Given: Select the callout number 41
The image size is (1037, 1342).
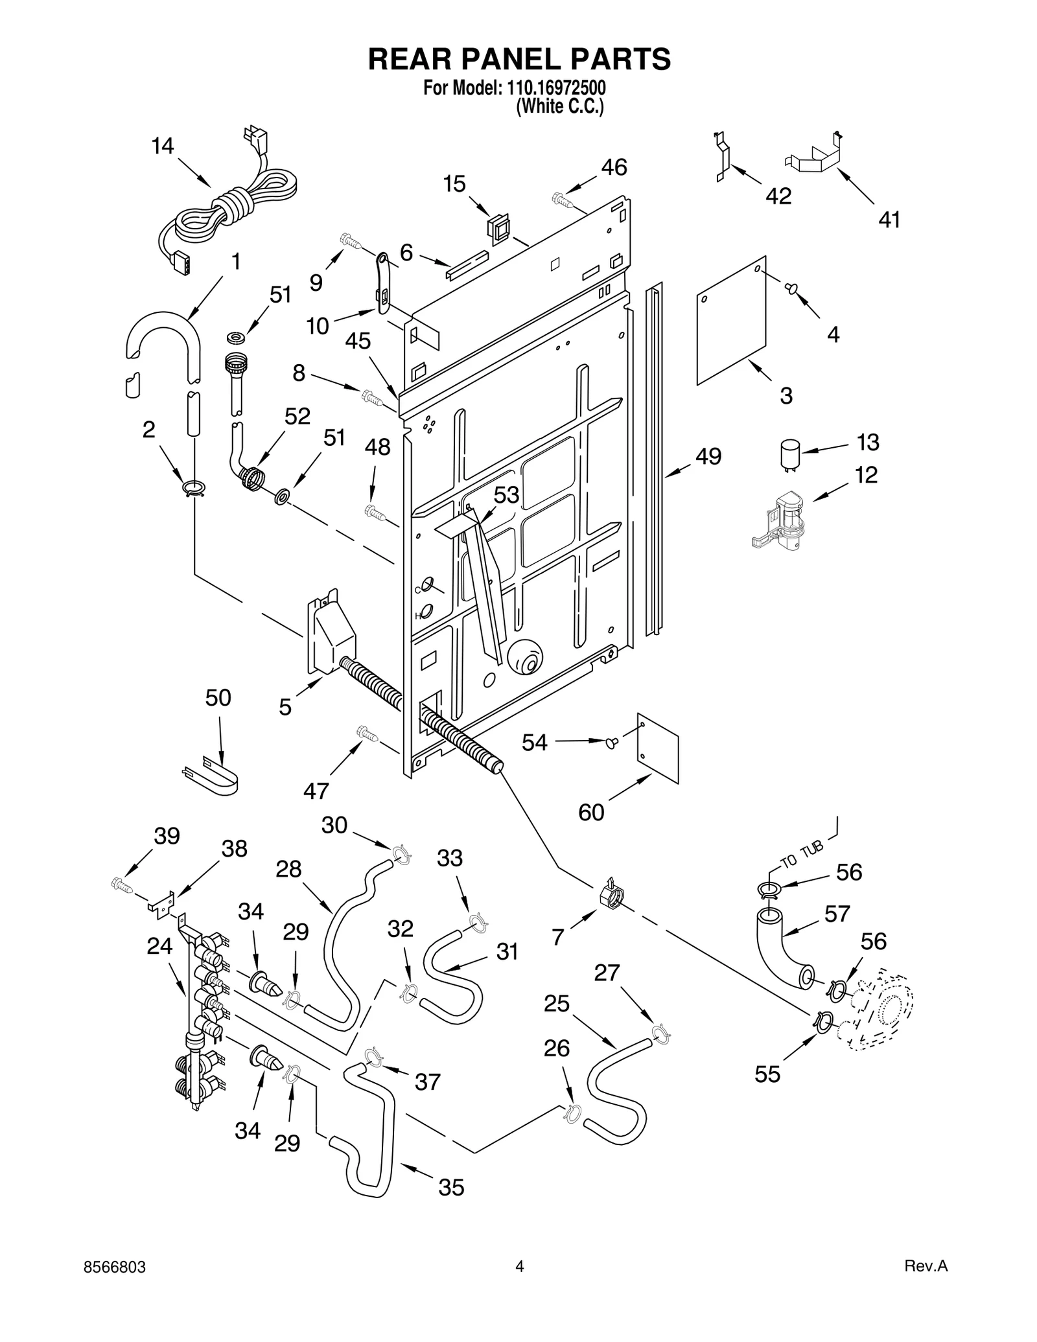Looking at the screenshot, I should click(x=889, y=220).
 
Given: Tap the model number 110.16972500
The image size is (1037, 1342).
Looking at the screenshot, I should click(x=554, y=88).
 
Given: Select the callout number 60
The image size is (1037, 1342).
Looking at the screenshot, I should click(x=591, y=812).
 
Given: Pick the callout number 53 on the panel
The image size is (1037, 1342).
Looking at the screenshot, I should click(x=506, y=495).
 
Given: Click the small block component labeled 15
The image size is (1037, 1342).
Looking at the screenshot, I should click(x=498, y=229).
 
